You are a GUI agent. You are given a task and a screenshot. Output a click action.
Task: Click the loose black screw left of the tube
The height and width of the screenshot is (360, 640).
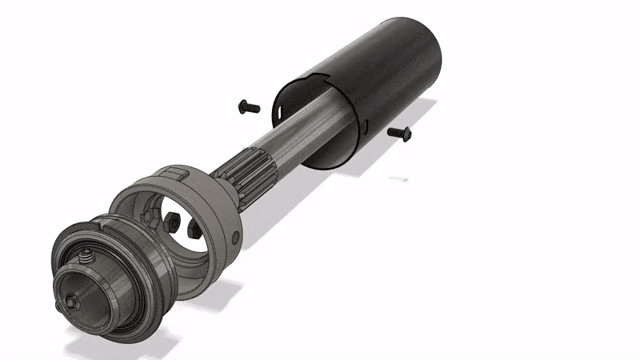[250, 106]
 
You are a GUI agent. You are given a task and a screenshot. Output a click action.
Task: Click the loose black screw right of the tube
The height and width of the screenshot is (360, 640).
[398, 132]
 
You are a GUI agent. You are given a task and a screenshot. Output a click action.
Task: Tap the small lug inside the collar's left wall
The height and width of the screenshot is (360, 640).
[147, 214]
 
